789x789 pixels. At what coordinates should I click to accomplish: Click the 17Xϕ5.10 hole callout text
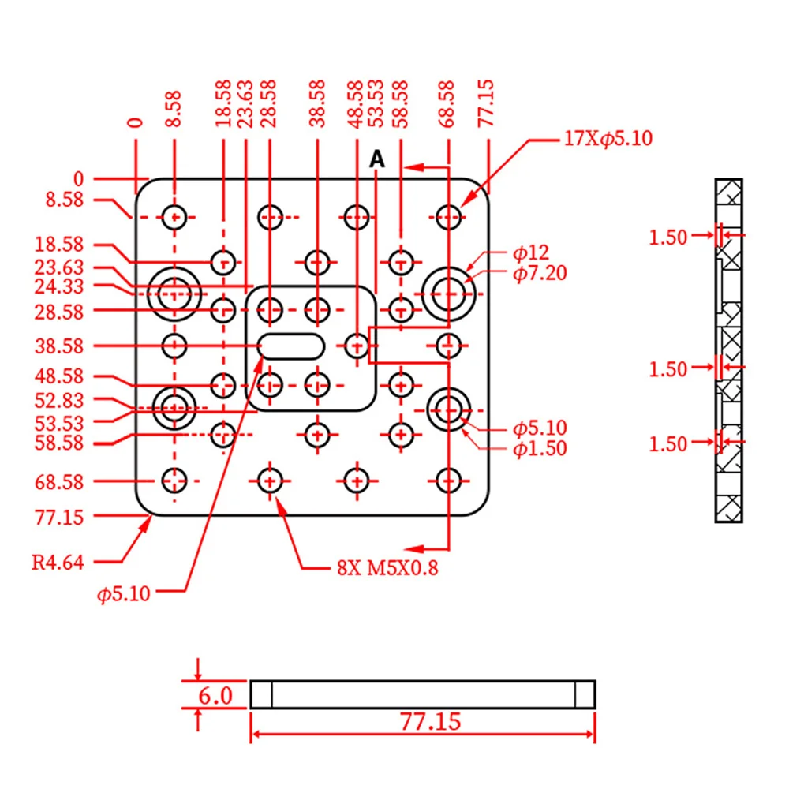coord(608,138)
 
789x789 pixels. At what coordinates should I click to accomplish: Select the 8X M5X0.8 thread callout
coord(387,568)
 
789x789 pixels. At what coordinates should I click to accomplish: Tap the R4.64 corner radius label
coord(58,562)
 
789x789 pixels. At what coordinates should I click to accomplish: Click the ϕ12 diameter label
coord(531,252)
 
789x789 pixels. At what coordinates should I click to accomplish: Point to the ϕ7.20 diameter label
coord(540,273)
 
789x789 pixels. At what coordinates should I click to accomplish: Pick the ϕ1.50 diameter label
coord(540,448)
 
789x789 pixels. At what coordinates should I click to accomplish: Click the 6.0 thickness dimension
coord(215,696)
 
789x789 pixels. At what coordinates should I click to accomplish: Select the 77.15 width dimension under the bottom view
coord(431,722)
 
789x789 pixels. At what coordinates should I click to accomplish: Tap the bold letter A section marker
coord(377,159)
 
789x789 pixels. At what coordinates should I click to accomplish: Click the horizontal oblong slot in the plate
coord(291,346)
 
